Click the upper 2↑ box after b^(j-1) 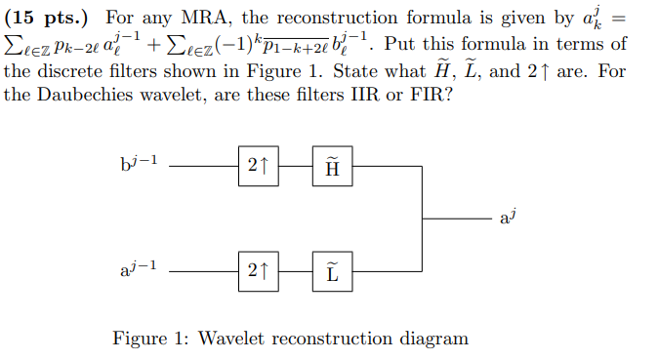click(258, 167)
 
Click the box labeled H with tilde click(333, 167)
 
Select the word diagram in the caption click(434, 339)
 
